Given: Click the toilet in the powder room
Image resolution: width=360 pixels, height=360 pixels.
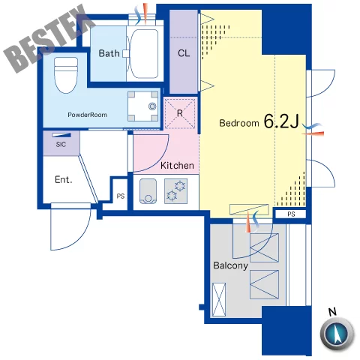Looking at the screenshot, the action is [x=66, y=75].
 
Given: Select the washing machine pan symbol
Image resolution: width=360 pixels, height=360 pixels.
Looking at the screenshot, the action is [x=143, y=106].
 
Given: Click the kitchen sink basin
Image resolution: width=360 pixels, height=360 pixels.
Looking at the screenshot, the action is [x=148, y=191].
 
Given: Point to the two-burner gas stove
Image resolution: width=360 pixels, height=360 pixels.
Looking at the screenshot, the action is [x=175, y=191].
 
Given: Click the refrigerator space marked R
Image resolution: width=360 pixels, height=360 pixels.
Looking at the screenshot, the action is [x=180, y=113].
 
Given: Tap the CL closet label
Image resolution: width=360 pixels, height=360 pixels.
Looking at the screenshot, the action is [x=184, y=53].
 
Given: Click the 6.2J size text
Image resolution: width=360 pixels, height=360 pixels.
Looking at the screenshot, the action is [x=281, y=121].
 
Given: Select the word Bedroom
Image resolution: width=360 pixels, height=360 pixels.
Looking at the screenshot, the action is [x=239, y=123].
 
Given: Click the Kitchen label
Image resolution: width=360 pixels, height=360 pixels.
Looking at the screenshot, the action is [x=177, y=166].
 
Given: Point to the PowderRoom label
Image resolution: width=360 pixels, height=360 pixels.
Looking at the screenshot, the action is [x=87, y=115].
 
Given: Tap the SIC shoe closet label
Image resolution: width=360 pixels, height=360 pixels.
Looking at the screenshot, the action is [x=61, y=144].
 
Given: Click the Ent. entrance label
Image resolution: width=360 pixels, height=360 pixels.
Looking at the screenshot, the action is [x=64, y=179].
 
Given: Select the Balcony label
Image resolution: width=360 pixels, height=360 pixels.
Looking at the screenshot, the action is [x=230, y=265].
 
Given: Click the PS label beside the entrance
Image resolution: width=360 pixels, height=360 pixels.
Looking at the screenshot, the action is [x=121, y=196].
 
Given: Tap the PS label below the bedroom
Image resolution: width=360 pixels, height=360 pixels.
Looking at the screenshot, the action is [x=291, y=214].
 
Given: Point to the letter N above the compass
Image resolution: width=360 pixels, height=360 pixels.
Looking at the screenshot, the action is [x=332, y=312].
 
